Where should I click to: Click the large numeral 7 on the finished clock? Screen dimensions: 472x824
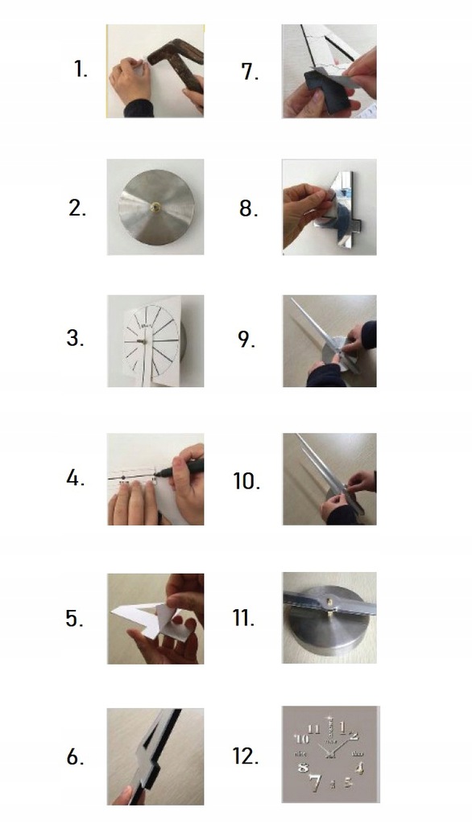point(315,782)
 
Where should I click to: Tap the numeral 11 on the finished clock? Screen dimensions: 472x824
point(313,729)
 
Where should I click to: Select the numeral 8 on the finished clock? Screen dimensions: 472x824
point(303,767)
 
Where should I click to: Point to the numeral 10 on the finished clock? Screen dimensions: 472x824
point(301,739)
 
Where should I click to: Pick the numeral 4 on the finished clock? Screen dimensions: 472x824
point(359,768)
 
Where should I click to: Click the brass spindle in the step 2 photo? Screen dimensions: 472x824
point(155,207)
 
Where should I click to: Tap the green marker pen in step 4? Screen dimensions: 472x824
point(181,468)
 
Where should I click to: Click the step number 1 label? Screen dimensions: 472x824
point(80,69)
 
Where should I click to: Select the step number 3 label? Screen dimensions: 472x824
point(75,338)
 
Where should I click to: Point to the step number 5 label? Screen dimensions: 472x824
point(74,619)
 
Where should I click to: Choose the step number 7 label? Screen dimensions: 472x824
point(250,72)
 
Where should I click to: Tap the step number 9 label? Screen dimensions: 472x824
point(246,340)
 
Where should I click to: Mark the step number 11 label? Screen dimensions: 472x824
point(243,617)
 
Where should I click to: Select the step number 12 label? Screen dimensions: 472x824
point(245,756)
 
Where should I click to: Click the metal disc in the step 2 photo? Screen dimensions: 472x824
point(156,207)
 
